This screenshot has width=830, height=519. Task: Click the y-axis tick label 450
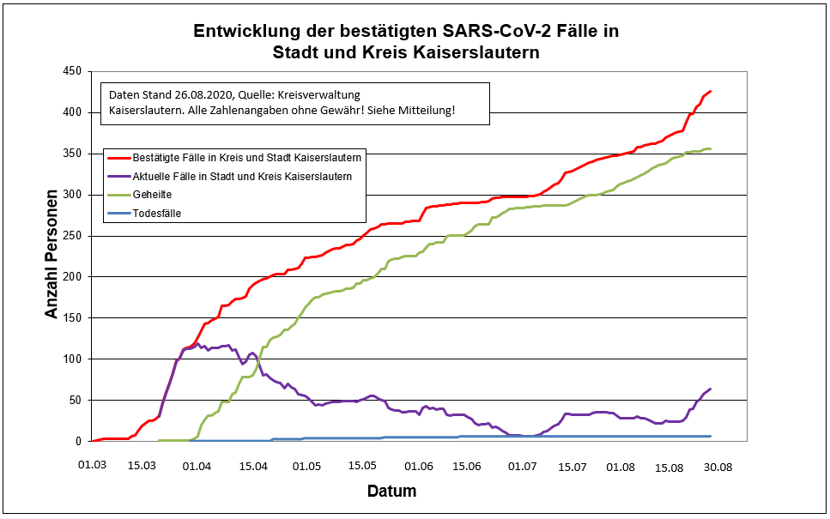[x=71, y=71]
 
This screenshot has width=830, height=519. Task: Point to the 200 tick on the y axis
[x=71, y=276]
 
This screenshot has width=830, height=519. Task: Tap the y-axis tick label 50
[x=75, y=400]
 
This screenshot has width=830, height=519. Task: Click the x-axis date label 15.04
[x=253, y=466]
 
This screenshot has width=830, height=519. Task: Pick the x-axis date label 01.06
[x=419, y=466]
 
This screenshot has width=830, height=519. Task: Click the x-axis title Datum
[x=391, y=492]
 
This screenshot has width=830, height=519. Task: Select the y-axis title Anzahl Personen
[x=52, y=256]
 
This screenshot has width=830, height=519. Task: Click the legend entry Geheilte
[x=152, y=195]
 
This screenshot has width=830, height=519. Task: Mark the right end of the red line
[x=711, y=91]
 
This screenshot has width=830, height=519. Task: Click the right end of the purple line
[x=711, y=389]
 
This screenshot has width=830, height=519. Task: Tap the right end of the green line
[x=711, y=148]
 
